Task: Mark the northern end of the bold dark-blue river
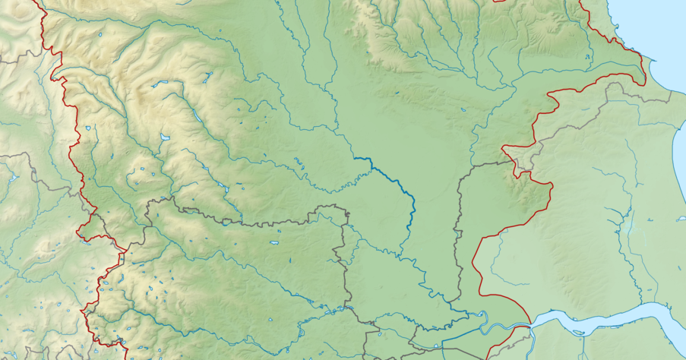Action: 353,157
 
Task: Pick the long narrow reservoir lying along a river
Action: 196,115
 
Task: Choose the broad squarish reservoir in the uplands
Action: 165,137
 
